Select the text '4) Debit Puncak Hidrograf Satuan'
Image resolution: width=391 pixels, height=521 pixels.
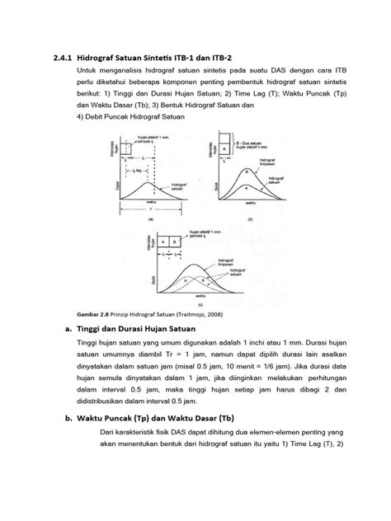click(131, 115)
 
